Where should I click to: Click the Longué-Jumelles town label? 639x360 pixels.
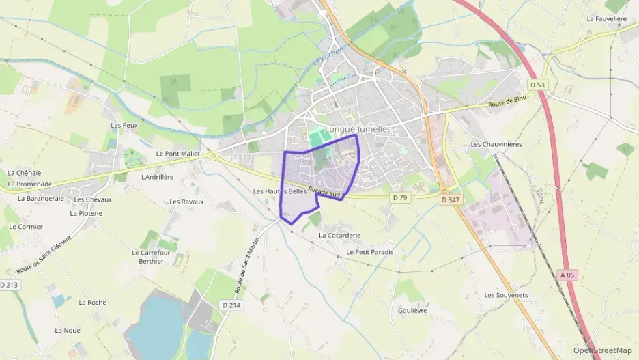click(358, 128)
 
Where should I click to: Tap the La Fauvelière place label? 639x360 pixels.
click(606, 19)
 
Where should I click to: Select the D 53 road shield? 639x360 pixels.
click(538, 85)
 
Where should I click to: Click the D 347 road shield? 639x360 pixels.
click(450, 200)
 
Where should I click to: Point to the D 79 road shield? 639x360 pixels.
click(400, 197)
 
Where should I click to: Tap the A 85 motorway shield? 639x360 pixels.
click(567, 275)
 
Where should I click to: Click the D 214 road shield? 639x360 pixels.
click(232, 305)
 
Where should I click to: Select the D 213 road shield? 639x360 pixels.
click(8, 284)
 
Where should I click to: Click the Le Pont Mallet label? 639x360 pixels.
click(177, 154)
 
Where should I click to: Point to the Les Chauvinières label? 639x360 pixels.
click(496, 144)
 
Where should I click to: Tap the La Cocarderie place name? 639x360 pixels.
click(339, 235)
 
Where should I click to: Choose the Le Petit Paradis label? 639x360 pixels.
click(370, 252)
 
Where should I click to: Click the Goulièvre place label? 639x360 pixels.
click(412, 310)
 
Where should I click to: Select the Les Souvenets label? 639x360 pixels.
click(506, 295)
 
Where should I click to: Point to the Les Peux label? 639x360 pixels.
click(124, 125)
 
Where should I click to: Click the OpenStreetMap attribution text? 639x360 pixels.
click(602, 350)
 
